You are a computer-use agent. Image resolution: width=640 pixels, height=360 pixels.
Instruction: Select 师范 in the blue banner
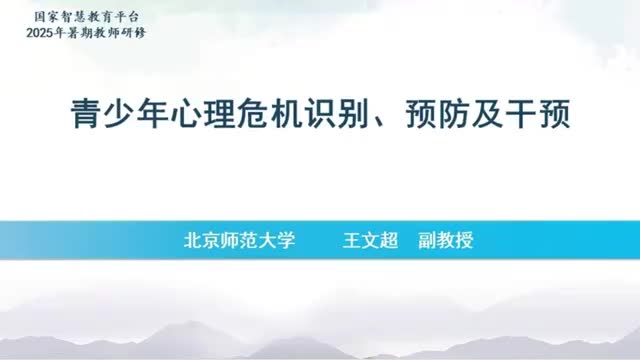tap(239, 241)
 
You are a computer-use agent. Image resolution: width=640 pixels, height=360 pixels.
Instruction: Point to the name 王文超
tap(371, 241)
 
